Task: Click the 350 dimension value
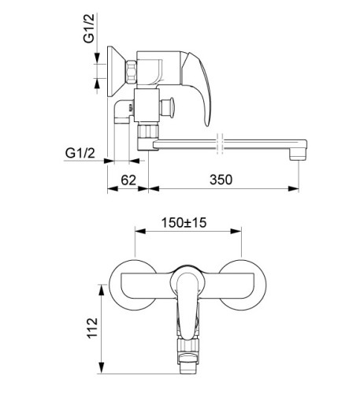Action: pos(221,180)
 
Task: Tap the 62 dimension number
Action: pos(128,180)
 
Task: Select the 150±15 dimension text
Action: pos(184,223)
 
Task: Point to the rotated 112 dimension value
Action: pos(92,329)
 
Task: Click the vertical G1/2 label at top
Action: pos(88,28)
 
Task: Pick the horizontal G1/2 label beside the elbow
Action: pos(80,153)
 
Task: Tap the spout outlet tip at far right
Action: pos(298,153)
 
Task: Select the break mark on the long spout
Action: pos(220,143)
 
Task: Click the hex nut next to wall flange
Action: pos(132,72)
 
